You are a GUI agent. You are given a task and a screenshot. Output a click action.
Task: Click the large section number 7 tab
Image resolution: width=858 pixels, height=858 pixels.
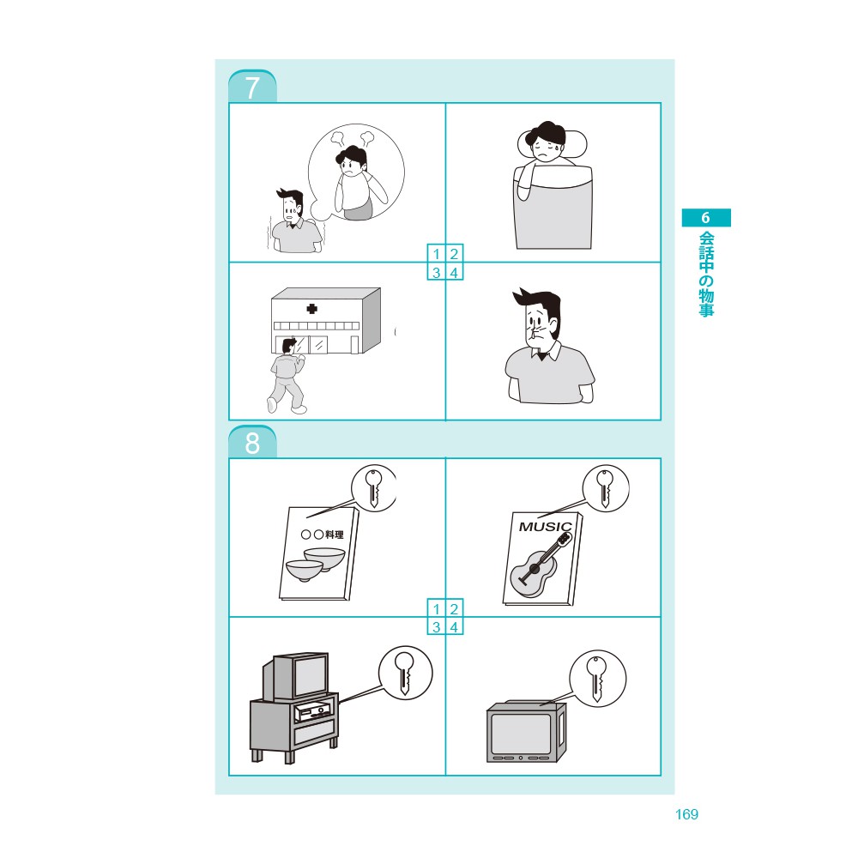click(252, 87)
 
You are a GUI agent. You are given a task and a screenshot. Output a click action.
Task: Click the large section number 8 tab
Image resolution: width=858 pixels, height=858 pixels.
click(252, 442)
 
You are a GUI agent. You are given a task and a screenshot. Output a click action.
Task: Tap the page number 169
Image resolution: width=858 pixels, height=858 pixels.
click(686, 814)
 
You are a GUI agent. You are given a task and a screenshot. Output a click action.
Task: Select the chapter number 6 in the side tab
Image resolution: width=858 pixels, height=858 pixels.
click(706, 218)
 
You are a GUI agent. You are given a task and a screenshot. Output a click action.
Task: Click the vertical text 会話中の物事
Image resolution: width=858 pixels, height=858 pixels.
click(706, 275)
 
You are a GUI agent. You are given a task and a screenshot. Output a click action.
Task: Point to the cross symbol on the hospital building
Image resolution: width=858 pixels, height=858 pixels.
click(312, 309)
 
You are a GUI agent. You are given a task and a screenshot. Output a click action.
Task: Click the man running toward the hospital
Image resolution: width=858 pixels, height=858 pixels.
click(287, 376)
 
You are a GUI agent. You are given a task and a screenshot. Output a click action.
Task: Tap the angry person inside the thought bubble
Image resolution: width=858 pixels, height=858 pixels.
click(356, 182)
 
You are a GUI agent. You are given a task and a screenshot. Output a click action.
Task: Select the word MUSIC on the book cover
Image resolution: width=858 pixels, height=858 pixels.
click(545, 527)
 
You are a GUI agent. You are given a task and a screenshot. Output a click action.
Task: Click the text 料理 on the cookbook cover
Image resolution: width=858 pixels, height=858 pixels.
click(335, 534)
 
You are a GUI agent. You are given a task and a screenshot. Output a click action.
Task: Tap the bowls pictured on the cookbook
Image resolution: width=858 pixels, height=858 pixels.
click(316, 564)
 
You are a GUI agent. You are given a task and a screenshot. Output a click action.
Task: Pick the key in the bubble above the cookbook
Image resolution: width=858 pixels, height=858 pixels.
click(374, 488)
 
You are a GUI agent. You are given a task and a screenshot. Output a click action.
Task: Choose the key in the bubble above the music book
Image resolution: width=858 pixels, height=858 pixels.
click(605, 488)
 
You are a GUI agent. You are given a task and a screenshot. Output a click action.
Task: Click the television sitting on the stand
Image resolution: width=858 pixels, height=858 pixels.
click(296, 676)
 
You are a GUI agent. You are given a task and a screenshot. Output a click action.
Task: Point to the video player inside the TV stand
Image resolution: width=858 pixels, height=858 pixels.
click(312, 711)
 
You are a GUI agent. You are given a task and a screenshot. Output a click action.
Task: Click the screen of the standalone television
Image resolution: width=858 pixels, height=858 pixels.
click(521, 734)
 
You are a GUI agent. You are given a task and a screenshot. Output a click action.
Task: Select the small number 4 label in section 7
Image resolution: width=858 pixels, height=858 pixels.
click(454, 272)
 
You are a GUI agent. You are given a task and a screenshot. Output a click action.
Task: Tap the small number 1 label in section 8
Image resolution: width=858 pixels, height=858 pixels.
click(436, 608)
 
